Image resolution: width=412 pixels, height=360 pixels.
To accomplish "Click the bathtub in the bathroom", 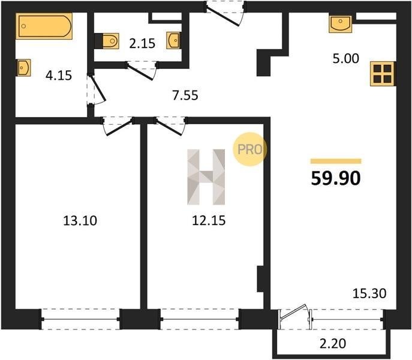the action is pyautogui.click(x=44, y=26).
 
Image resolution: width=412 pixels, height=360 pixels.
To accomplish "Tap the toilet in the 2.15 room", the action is pyautogui.click(x=107, y=41).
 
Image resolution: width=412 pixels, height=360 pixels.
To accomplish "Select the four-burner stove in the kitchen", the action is pyautogui.click(x=383, y=74).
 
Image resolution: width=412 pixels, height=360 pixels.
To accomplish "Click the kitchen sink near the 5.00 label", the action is pyautogui.click(x=340, y=24).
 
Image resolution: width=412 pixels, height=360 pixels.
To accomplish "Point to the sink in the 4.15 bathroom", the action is pyautogui.click(x=23, y=68).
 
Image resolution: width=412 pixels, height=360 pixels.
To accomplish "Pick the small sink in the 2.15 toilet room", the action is pyautogui.click(x=173, y=40).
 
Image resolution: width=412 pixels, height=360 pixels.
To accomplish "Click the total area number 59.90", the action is pyautogui.click(x=336, y=179).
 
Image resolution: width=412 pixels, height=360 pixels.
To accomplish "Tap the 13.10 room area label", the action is pyautogui.click(x=80, y=220).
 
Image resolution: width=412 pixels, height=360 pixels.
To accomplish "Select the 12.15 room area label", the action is pyautogui.click(x=209, y=220).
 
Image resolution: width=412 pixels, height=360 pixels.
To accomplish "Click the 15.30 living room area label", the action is pyautogui.click(x=369, y=293).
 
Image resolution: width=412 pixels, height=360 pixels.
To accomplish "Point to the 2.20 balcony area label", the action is pyautogui.click(x=333, y=343).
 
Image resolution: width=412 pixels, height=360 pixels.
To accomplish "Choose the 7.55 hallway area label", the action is pyautogui.click(x=185, y=95).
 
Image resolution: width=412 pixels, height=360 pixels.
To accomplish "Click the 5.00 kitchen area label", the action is pyautogui.click(x=346, y=58).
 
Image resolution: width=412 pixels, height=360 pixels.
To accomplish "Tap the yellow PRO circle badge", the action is pyautogui.click(x=249, y=149).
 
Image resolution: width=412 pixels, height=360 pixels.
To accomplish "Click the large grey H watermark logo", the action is pyautogui.click(x=206, y=177).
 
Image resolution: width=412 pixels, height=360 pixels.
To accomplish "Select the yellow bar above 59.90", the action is pyautogui.click(x=336, y=161).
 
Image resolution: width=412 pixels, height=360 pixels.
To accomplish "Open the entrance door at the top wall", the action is pyautogui.click(x=225, y=13).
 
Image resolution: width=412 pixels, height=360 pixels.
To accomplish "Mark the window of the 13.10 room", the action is pyautogui.click(x=80, y=319).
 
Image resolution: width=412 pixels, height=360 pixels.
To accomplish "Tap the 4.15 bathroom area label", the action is pyautogui.click(x=59, y=76).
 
